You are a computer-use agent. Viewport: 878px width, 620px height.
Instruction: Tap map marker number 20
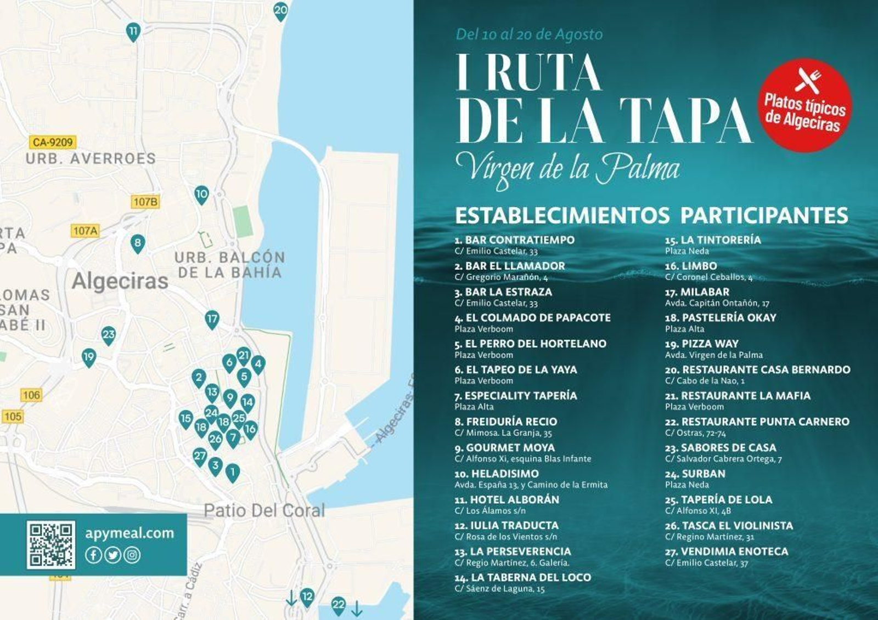pos(280,10)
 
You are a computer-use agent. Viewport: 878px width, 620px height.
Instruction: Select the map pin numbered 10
pos(201,194)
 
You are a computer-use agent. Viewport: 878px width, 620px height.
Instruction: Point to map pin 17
pos(212,319)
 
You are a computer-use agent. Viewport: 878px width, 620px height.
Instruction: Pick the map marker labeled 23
pos(109,335)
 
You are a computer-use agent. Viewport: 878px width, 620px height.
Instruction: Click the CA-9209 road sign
pos(53,143)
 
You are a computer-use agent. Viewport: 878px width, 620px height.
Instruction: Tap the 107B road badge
pos(145,202)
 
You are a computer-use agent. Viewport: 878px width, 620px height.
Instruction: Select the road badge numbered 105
pos(13,417)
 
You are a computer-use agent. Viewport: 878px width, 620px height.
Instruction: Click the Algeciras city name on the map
pos(120,281)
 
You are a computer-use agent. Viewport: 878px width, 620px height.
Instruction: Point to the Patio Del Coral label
pos(264,511)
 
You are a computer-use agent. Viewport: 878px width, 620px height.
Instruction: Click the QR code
pos(51,544)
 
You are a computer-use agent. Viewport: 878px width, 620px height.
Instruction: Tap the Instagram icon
pos(132,555)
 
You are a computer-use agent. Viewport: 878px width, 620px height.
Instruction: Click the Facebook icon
pos(93,555)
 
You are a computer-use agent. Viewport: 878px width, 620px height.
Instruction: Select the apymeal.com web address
pos(130,533)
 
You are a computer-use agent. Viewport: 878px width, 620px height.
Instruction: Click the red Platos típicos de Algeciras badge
pos(804,105)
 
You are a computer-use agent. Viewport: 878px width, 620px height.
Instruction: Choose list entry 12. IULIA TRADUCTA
pos(506,530)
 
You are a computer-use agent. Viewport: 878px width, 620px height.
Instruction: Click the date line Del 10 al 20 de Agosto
pos(529,35)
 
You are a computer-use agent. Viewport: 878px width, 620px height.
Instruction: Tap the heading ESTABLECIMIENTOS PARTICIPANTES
pos(651,215)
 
